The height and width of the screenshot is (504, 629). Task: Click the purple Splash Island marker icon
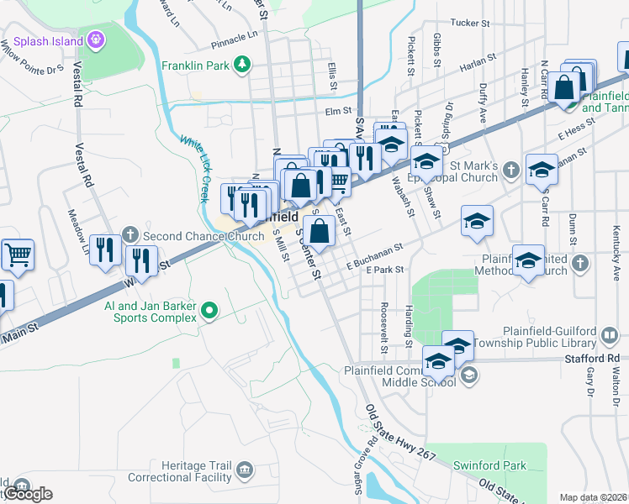(x=97, y=39)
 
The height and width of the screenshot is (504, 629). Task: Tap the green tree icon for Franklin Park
(x=242, y=63)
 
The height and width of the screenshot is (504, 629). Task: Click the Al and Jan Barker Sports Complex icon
(x=209, y=313)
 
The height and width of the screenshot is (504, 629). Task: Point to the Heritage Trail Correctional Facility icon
(x=245, y=468)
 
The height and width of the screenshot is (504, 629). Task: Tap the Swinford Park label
(x=489, y=465)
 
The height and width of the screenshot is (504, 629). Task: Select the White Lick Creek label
(x=193, y=168)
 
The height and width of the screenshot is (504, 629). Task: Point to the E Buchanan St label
(x=375, y=255)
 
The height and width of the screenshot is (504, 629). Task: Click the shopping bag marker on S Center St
(x=320, y=231)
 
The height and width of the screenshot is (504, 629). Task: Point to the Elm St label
(x=336, y=110)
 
